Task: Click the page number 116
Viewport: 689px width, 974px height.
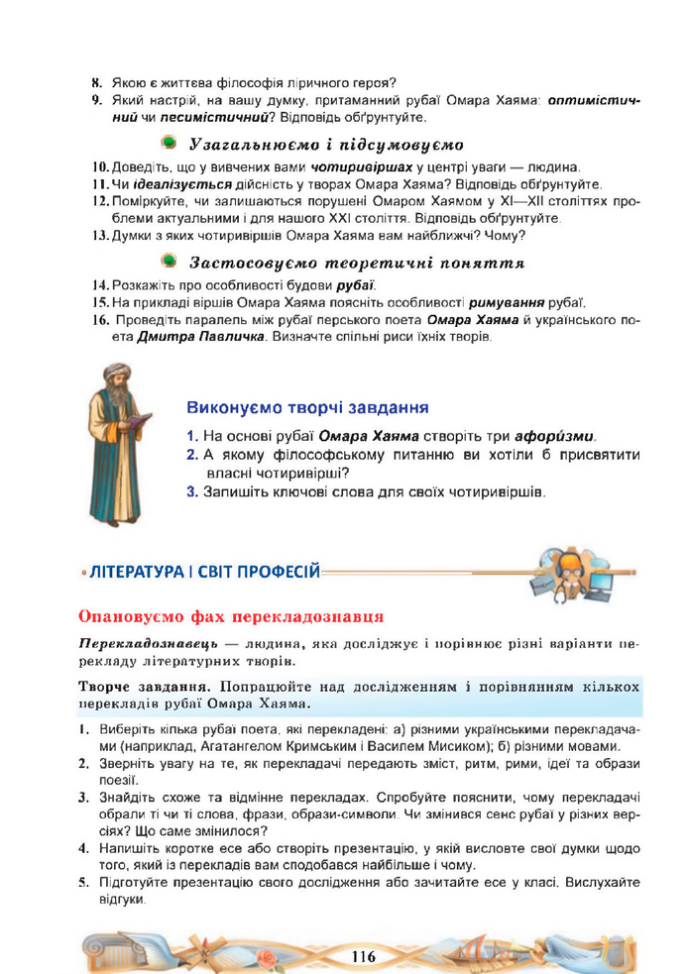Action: click(x=362, y=955)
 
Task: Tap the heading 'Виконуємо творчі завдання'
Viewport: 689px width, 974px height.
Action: click(x=307, y=407)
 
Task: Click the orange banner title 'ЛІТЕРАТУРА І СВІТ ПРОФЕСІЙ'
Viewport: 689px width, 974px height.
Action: click(x=203, y=571)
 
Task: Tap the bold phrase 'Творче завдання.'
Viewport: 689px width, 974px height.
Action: click(x=138, y=687)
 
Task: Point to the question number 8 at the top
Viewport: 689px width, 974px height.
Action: click(x=96, y=82)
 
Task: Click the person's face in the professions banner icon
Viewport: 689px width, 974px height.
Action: click(x=574, y=562)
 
